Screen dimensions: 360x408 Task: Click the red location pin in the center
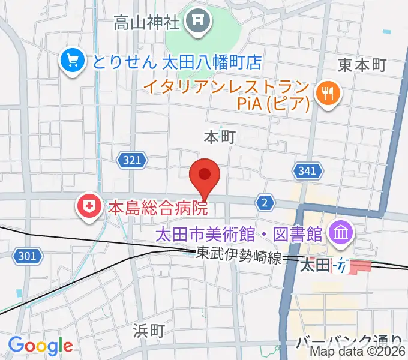[205, 176]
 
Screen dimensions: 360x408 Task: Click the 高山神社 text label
[147, 24]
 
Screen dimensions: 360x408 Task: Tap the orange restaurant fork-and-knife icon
[328, 92]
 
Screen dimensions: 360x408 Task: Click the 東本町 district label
[362, 65]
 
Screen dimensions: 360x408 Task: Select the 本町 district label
[219, 137]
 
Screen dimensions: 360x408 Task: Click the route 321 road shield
[133, 160]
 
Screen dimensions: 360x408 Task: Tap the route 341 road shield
[307, 171]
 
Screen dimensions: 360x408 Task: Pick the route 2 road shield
[265, 203]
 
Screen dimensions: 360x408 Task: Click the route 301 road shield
[27, 256]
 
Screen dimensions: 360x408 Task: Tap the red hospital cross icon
[89, 208]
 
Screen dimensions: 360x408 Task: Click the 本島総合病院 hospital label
[157, 208]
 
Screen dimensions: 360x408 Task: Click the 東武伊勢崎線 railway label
[239, 255]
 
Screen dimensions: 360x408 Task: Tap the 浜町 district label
[148, 331]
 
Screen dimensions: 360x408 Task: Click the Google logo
[40, 346]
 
